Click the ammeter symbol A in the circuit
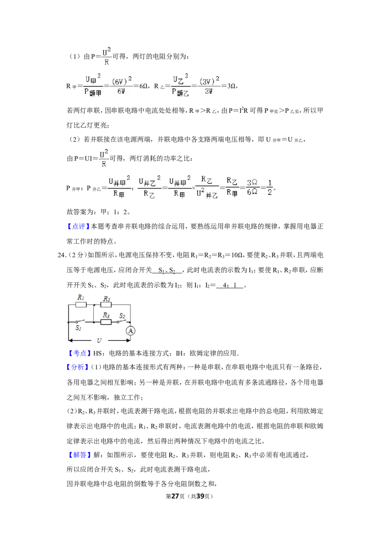tap(130, 331)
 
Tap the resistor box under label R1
tap(81, 305)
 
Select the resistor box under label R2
tap(106, 305)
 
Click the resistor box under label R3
tap(106, 322)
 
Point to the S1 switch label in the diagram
tap(79, 328)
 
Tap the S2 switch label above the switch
tap(122, 316)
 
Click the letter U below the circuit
tap(99, 340)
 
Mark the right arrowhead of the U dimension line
tap(128, 340)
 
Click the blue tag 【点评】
tap(78, 227)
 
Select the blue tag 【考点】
tap(78, 353)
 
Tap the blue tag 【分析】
tap(78, 367)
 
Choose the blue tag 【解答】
tap(78, 455)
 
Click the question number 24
tap(61, 255)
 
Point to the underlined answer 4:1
tap(230, 285)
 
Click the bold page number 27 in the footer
tap(175, 496)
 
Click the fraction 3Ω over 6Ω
tap(252, 187)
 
